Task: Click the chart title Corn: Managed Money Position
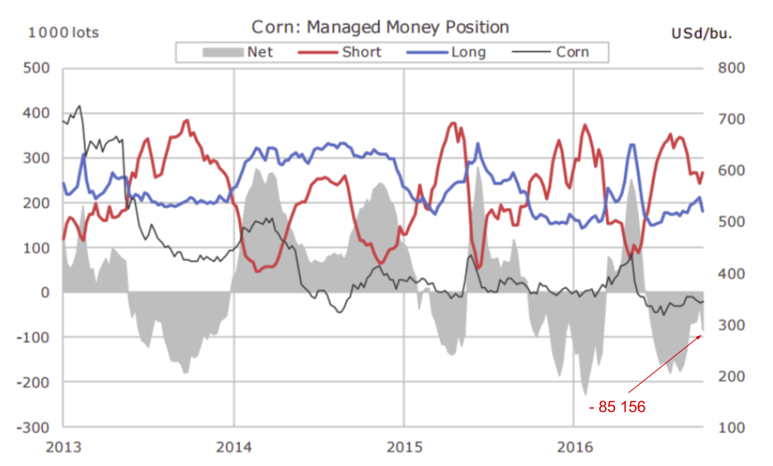[x=380, y=27]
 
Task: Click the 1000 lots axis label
[x=64, y=33]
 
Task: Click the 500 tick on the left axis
[x=36, y=68]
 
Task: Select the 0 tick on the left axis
[x=46, y=293]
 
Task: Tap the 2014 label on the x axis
[x=233, y=446]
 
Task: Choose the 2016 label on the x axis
[x=574, y=446]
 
